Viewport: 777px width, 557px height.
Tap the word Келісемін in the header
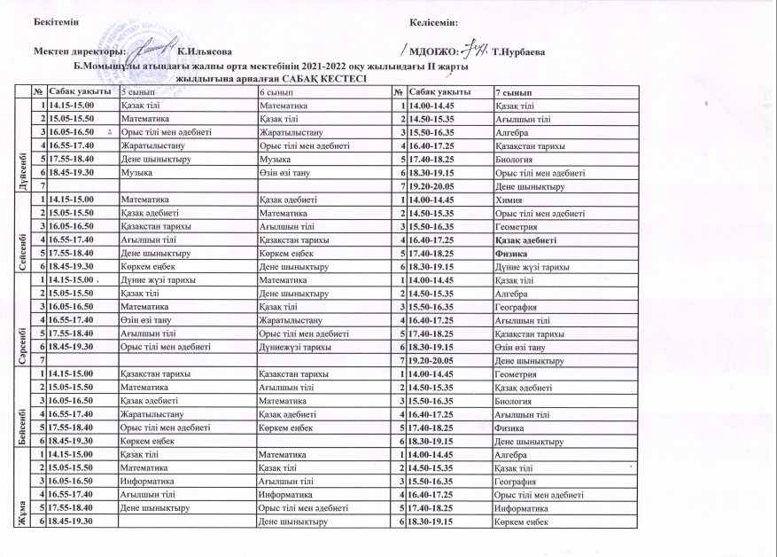pos(435,20)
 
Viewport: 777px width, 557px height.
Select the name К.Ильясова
pos(205,55)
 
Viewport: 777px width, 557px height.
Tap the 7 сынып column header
pos(513,92)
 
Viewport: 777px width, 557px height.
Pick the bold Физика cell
pos(511,253)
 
